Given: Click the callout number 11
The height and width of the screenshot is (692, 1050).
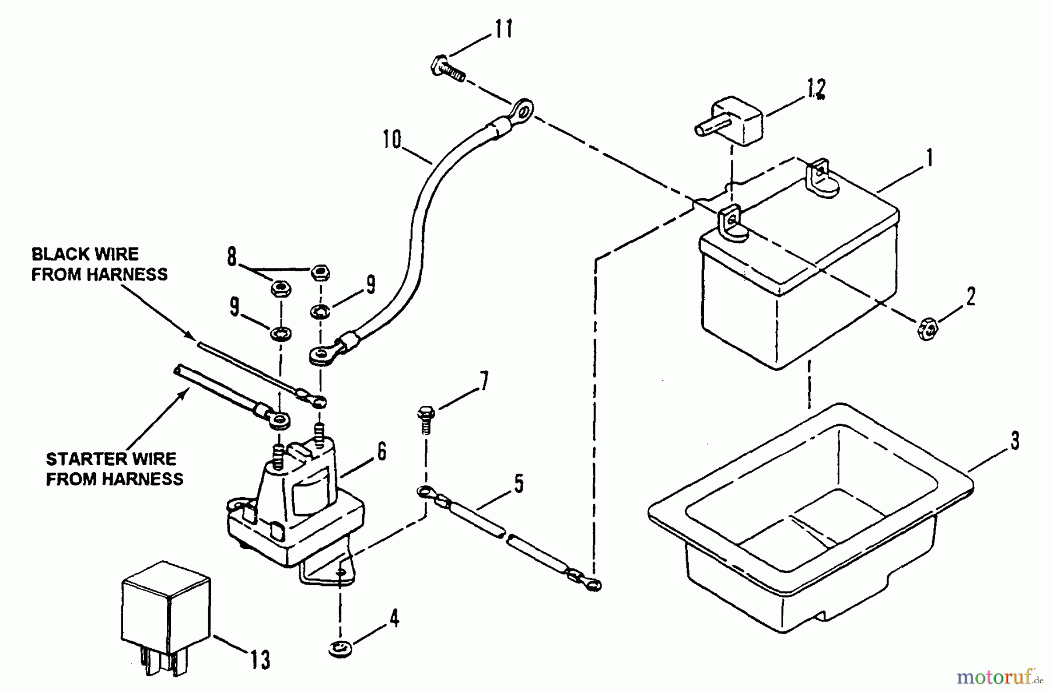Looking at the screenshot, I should point(503,29).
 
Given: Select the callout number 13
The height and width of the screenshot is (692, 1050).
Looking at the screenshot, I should point(261,660).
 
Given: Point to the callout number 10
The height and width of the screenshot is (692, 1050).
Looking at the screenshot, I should point(393,140).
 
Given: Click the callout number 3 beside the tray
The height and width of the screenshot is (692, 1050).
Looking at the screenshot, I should point(1015,441).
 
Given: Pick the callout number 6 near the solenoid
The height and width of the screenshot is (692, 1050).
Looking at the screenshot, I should point(381,452).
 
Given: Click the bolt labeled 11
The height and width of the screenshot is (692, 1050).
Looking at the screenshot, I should point(449,67).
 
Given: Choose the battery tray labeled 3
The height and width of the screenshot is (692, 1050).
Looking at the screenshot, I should point(811,525).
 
